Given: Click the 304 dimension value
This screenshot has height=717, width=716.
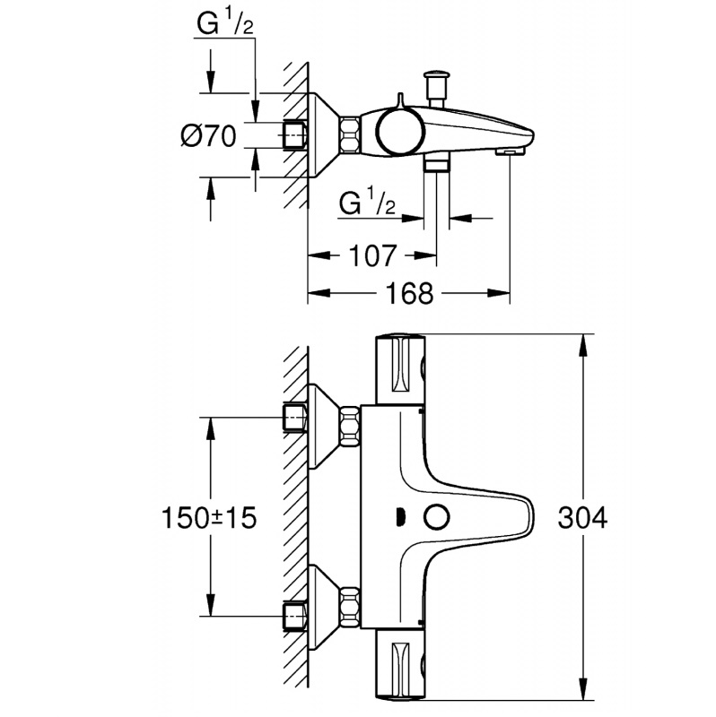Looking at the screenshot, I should (582, 518).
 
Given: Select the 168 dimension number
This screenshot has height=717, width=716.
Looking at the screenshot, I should (413, 293).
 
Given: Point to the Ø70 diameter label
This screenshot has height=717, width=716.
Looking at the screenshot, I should (208, 137).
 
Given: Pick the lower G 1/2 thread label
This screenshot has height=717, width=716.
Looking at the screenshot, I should (368, 203).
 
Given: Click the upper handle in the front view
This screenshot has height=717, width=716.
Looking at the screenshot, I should (399, 369).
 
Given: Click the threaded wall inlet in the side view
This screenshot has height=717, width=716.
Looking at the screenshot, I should (293, 135).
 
